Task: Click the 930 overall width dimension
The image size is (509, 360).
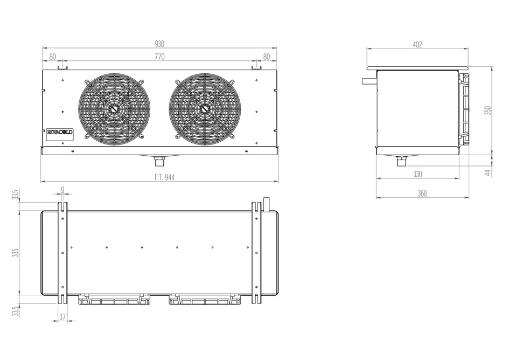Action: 159,44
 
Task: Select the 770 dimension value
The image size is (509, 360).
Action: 159,57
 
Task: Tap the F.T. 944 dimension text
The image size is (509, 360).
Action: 164,177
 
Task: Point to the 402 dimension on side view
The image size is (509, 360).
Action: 417,45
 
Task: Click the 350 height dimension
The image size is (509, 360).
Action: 487,110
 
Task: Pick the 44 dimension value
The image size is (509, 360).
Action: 488,172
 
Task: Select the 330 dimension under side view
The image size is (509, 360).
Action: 417,175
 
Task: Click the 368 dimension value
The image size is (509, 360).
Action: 422,193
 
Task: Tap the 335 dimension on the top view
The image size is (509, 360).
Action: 15,253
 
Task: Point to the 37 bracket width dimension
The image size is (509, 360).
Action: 62,317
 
